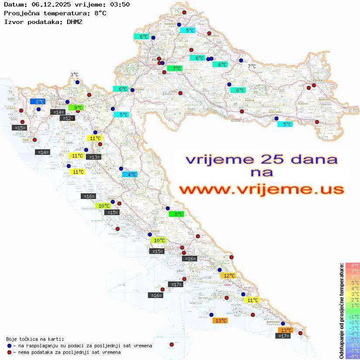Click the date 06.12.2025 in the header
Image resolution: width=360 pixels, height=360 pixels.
pos(47,4)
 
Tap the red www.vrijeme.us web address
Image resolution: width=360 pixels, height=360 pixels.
pos(261,189)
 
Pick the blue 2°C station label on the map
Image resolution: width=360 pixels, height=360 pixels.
pos(38,101)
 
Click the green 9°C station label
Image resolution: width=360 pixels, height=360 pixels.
pos(76,107)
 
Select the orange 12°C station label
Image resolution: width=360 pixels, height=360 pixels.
pos(228,276)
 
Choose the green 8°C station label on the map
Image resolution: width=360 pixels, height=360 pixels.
pos(176,214)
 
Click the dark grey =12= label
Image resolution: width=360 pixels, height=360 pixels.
pos(67,118)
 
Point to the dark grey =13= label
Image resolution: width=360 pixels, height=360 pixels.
pos(94,157)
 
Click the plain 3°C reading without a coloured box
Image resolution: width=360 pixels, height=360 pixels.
pos(74,75)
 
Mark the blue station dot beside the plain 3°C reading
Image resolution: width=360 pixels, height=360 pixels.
pos(77,82)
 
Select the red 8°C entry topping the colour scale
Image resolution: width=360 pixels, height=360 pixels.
pos(353,265)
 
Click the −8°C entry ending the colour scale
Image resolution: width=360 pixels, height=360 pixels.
pos(353,356)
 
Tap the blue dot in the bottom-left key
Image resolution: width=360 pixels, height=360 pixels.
pos(9,346)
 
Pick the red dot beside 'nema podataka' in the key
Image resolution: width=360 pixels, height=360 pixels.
pos(9,352)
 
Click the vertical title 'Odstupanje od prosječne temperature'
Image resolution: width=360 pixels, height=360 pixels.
pos(341,311)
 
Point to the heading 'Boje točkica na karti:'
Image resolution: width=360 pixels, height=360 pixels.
pos(35,339)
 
